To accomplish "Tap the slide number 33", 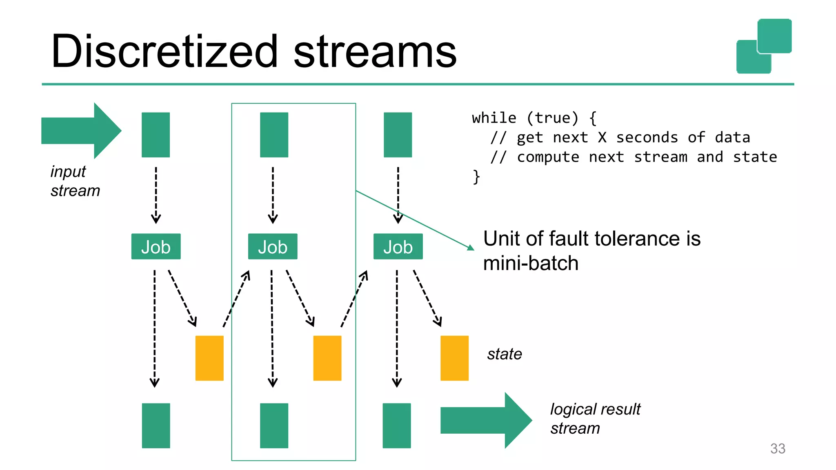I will click(x=778, y=448).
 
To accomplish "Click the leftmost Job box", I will click(x=156, y=246).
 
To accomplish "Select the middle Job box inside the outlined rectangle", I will click(x=273, y=246).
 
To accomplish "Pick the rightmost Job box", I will click(x=398, y=246).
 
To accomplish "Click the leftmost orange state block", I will click(x=209, y=358).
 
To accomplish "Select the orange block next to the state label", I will click(x=454, y=358).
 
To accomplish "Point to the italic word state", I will click(x=505, y=354).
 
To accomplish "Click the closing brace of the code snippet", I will click(x=476, y=177).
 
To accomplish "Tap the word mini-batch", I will click(x=531, y=264).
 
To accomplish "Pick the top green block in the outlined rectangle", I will click(x=274, y=135).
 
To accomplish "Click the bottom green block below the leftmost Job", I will click(x=156, y=426).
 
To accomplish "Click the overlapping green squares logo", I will click(x=764, y=46).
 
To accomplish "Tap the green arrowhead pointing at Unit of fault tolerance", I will click(x=471, y=248).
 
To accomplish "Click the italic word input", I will click(x=68, y=172).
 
